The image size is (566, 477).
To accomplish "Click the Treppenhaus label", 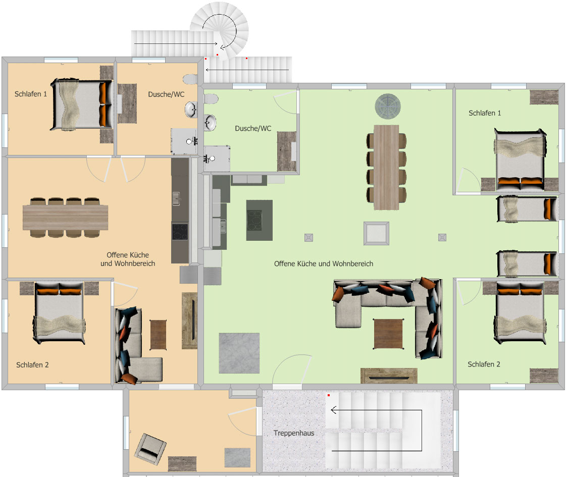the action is pyautogui.click(x=294, y=433).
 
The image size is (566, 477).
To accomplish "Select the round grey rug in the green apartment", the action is pyautogui.click(x=388, y=107).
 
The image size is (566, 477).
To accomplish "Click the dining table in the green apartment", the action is pyautogui.click(x=386, y=168).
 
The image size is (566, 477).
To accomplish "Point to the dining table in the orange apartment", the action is pyautogui.click(x=65, y=217).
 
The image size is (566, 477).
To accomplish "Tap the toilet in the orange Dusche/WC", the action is pyautogui.click(x=190, y=79).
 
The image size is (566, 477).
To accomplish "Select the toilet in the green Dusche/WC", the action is pyautogui.click(x=211, y=98).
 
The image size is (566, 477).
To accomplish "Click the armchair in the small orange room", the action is pyautogui.click(x=150, y=449).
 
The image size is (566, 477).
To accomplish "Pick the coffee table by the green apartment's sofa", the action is pyautogui.click(x=388, y=334).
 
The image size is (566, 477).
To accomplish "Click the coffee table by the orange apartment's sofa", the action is pyautogui.click(x=158, y=335).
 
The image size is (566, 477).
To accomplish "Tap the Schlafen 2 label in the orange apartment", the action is pyautogui.click(x=32, y=365).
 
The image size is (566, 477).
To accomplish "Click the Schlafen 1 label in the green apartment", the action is pyautogui.click(x=485, y=113).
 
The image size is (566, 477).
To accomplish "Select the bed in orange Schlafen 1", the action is pyautogui.click(x=82, y=104).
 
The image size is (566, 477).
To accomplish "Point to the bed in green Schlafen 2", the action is pyautogui.click(x=520, y=312).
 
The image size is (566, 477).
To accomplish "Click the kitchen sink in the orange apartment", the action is pyautogui.click(x=176, y=199).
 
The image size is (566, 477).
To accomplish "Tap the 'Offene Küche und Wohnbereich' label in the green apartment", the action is pyautogui.click(x=324, y=264).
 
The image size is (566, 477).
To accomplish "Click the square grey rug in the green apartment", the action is pyautogui.click(x=239, y=353).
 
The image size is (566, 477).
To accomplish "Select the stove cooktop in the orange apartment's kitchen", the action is pyautogui.click(x=180, y=232).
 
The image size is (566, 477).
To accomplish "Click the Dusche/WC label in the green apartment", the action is pyautogui.click(x=253, y=128).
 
